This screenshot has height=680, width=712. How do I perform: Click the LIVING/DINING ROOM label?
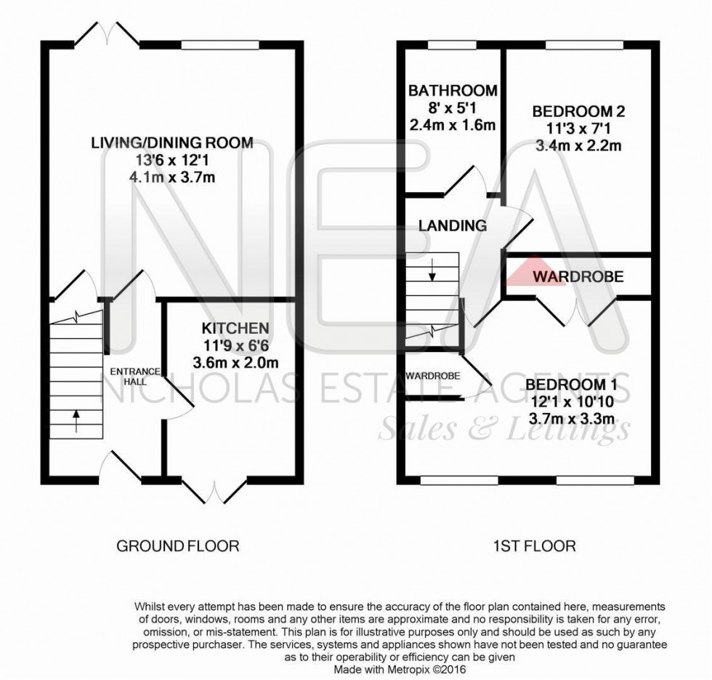[171, 143]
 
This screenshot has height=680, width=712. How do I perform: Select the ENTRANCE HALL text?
[128, 376]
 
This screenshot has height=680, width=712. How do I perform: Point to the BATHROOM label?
[453, 91]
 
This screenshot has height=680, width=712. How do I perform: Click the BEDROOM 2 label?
[578, 112]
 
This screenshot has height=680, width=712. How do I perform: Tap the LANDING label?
[452, 225]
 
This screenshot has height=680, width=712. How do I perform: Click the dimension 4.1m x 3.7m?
[171, 177]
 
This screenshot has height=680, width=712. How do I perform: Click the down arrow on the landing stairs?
[432, 273]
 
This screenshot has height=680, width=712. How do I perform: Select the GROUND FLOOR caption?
[177, 545]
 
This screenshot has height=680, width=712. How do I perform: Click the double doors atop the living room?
[109, 33]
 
